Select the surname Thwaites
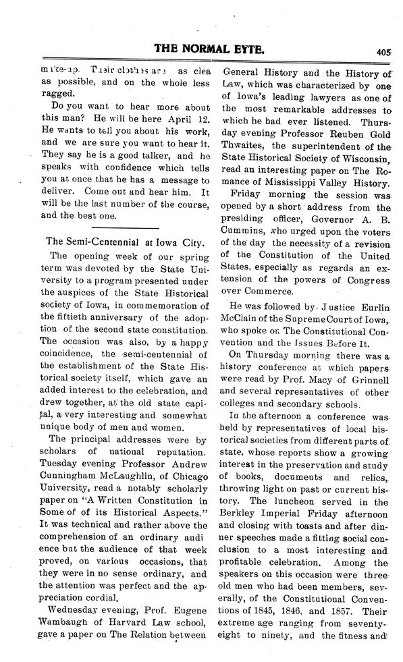(x=249, y=146)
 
